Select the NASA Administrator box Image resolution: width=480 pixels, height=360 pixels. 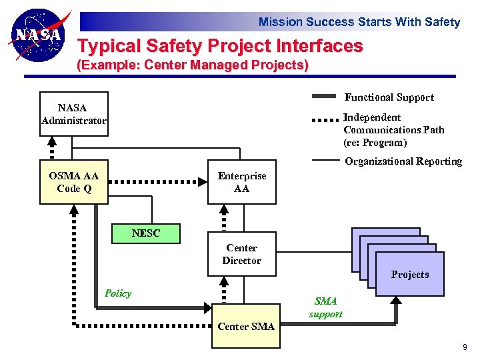(73, 114)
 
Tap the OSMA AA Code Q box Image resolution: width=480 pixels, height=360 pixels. (73, 182)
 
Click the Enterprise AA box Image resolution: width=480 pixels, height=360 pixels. (241, 182)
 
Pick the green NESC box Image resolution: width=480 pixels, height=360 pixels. (146, 233)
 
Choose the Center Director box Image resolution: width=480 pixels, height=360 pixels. (241, 254)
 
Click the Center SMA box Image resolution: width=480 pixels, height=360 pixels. (245, 327)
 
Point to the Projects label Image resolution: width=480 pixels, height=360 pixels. (409, 275)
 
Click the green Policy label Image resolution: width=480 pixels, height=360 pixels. (118, 293)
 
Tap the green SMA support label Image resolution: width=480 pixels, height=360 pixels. (326, 307)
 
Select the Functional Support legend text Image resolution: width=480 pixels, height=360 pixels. (389, 97)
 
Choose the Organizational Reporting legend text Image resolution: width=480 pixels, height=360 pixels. (403, 161)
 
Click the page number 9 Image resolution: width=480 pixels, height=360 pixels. (465, 347)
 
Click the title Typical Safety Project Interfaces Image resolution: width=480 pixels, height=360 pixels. (220, 46)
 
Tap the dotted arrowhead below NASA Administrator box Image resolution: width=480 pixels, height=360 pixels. (52, 141)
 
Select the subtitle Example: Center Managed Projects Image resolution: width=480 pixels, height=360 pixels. (193, 65)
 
